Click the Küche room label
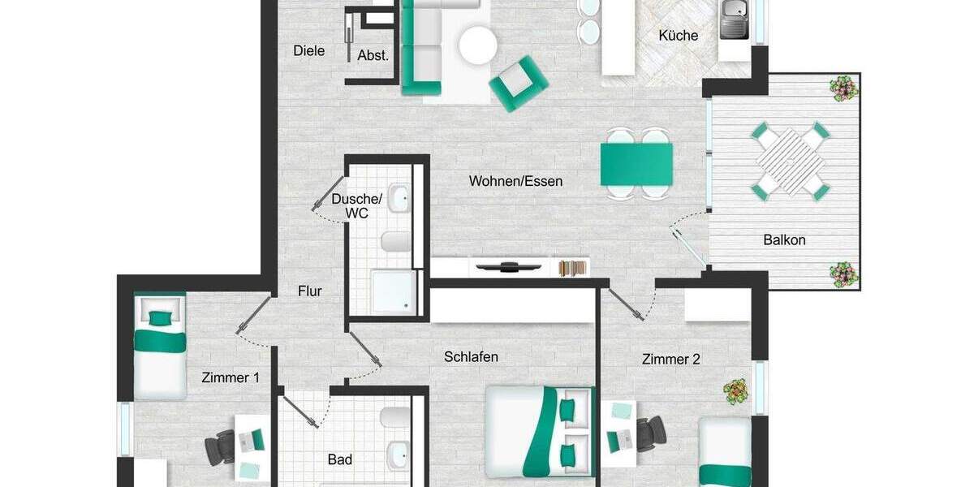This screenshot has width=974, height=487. [x=678, y=36]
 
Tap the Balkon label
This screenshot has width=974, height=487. [x=784, y=240]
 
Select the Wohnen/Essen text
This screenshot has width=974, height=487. [x=515, y=181]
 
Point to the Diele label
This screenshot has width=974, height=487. [x=308, y=51]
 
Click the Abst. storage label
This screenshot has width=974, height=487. [x=373, y=56]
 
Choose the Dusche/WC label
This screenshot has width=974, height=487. [x=357, y=206]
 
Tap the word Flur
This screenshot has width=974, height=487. [x=310, y=291]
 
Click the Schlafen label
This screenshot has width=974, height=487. [x=471, y=356]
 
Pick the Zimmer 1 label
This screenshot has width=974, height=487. [x=231, y=377]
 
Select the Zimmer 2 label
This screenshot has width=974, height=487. [x=670, y=359]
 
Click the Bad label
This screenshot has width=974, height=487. [x=340, y=460]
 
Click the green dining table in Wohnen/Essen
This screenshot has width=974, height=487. [x=636, y=163]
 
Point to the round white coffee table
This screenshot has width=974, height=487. [x=477, y=45]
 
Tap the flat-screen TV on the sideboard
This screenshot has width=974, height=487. [x=498, y=267]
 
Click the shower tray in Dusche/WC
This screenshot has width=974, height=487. [x=393, y=291]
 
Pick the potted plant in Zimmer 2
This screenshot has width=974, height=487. [x=736, y=391]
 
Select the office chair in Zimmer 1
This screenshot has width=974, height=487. [x=221, y=446]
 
